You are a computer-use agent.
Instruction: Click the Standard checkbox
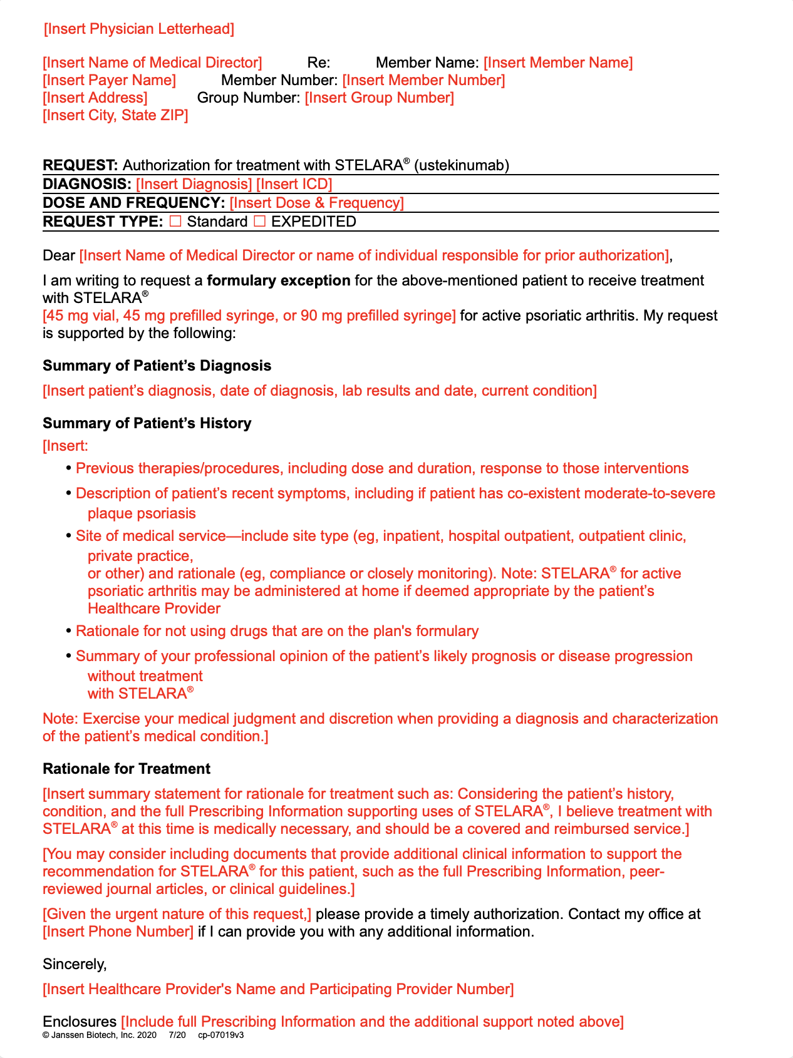(x=175, y=221)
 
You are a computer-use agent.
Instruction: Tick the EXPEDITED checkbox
(x=259, y=221)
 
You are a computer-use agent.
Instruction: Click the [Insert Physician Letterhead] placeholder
(x=139, y=29)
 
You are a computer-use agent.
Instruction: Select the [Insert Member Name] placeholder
(x=558, y=63)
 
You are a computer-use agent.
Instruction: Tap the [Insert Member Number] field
(x=423, y=80)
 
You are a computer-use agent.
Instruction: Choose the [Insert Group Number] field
(x=379, y=98)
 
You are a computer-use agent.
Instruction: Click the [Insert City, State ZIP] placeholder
(x=115, y=115)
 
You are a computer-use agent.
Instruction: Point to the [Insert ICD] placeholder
(x=294, y=184)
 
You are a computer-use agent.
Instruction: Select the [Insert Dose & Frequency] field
(x=316, y=203)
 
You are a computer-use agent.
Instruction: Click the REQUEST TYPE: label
(x=103, y=222)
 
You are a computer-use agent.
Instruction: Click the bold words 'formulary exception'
(x=279, y=280)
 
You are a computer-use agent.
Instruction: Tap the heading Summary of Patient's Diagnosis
(x=157, y=366)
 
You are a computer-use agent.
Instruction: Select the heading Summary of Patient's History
(x=147, y=423)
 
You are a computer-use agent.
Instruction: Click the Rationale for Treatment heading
(x=127, y=769)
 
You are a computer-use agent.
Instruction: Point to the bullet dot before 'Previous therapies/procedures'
(x=69, y=469)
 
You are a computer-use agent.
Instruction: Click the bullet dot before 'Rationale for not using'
(x=69, y=632)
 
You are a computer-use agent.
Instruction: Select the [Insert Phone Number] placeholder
(x=118, y=932)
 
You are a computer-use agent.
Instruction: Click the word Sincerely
(x=75, y=964)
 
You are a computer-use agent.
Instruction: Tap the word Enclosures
(x=80, y=1022)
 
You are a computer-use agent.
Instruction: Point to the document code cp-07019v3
(x=220, y=1035)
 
